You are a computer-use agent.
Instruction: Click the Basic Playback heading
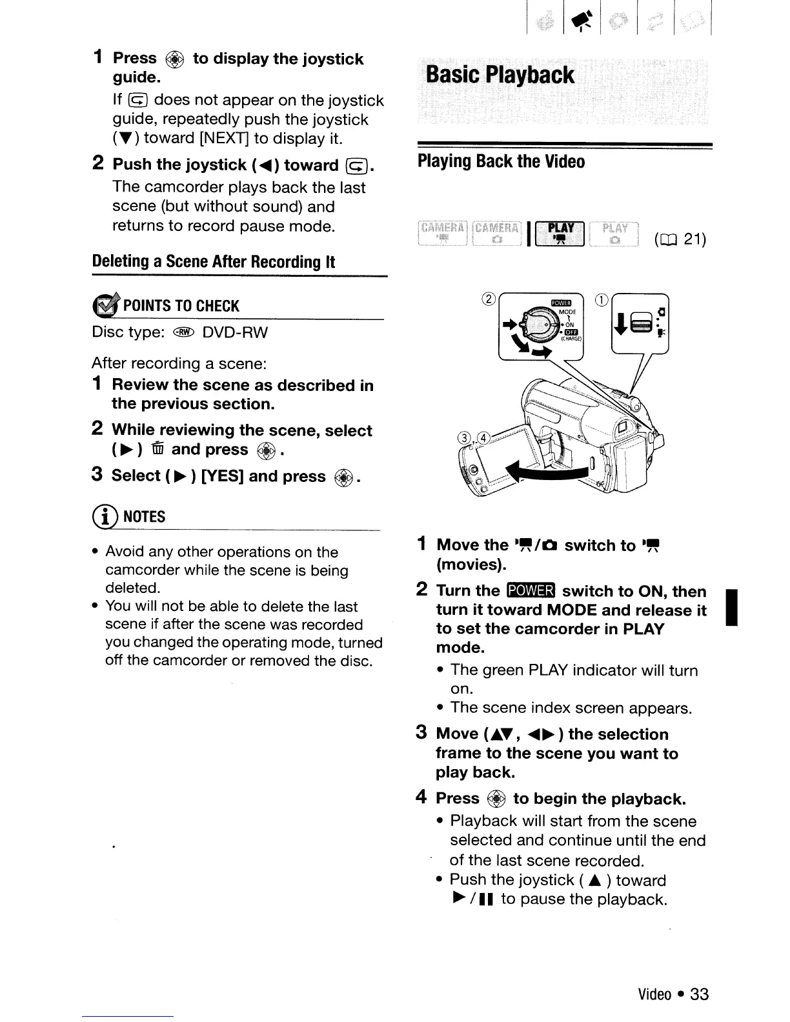[500, 75]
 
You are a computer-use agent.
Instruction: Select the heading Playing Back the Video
[501, 161]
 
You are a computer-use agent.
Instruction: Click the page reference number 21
[694, 240]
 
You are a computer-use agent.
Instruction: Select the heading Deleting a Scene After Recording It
[214, 262]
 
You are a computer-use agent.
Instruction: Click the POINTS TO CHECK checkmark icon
[106, 305]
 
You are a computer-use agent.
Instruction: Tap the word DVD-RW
[235, 333]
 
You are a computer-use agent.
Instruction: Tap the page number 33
[700, 994]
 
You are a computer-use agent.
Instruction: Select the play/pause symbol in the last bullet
[474, 899]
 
